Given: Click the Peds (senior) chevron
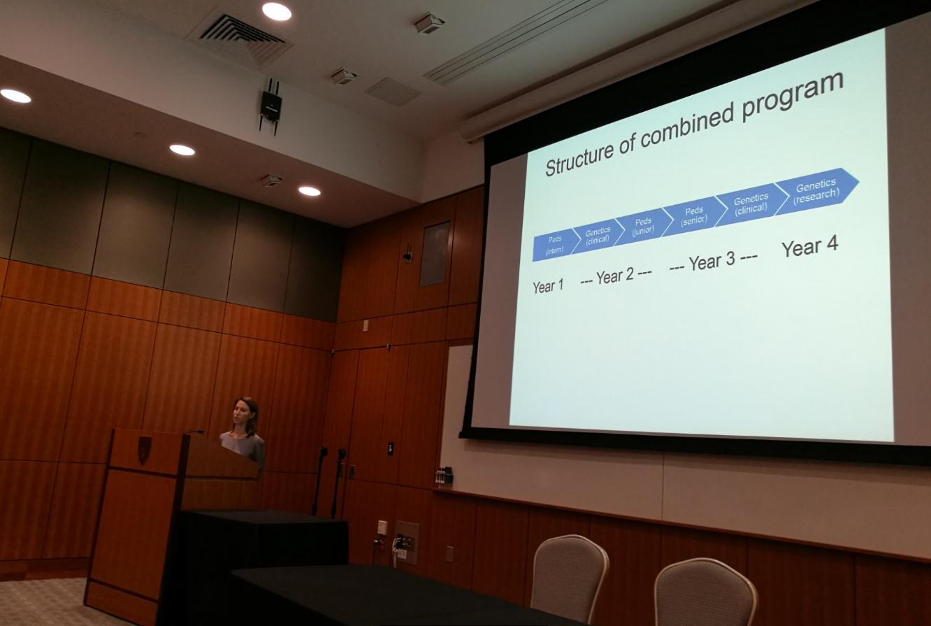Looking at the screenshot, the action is coord(694,216).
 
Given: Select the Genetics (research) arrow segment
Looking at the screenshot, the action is coord(816,191).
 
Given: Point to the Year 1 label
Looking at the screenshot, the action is coord(548,286).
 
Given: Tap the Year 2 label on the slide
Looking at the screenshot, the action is coord(615,276).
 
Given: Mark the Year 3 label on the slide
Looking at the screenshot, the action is coord(712,261).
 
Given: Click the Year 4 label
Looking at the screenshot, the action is coord(809,247).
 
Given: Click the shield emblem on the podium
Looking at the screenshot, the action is coord(143,450).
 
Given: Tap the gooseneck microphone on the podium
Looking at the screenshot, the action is coord(194,432).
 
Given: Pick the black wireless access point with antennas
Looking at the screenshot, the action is coord(270,106).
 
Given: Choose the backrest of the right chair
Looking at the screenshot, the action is coord(705,592).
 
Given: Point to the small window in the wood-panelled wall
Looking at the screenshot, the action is coord(435,254).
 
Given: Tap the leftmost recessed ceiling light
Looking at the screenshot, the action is coord(15,96).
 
